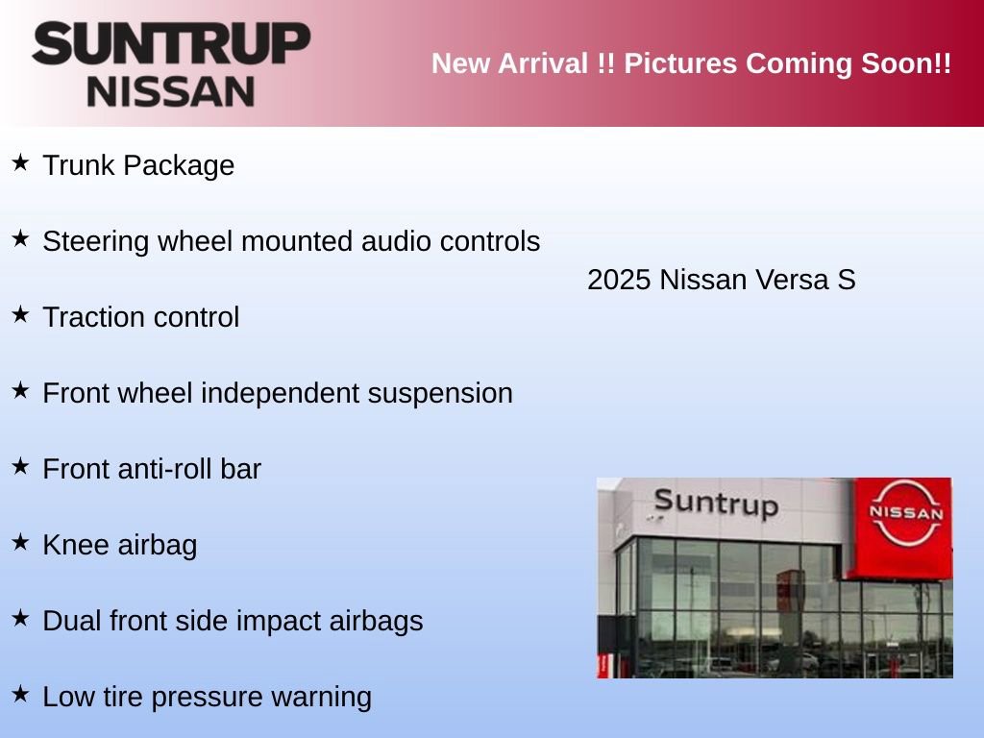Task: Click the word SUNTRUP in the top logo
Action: click(x=171, y=43)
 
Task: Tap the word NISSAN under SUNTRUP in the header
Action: click(x=171, y=91)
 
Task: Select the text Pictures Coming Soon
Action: click(x=787, y=64)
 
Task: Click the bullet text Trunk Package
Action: click(x=138, y=165)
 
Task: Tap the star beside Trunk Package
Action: click(x=20, y=162)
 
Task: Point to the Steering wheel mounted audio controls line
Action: click(x=291, y=241)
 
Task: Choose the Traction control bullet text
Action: click(x=141, y=317)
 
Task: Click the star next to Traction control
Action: click(x=20, y=314)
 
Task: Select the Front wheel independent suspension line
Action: click(x=278, y=393)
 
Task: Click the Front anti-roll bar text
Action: click(x=152, y=469)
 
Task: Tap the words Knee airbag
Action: click(x=120, y=545)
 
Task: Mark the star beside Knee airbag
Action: click(x=20, y=542)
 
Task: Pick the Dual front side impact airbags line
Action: click(x=233, y=621)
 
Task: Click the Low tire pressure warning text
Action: click(x=207, y=697)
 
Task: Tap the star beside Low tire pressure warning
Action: click(x=20, y=694)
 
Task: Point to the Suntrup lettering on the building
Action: click(x=716, y=503)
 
